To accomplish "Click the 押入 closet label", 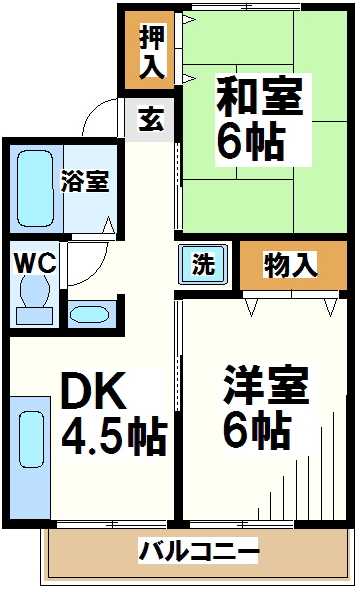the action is click(x=152, y=51).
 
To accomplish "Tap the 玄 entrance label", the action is click(x=151, y=119).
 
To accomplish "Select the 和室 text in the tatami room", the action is click(x=260, y=97).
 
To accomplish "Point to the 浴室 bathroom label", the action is click(x=85, y=181).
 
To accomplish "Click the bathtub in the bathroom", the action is click(x=35, y=189).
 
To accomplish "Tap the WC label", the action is click(x=35, y=263).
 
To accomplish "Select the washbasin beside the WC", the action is click(x=90, y=314).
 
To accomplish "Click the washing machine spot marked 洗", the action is click(x=204, y=264).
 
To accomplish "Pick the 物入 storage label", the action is click(x=290, y=265).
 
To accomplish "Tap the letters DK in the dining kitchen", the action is click(x=93, y=391).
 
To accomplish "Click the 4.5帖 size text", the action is click(x=114, y=436).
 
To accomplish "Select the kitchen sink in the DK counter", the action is click(x=31, y=440).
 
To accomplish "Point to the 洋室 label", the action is click(x=266, y=385).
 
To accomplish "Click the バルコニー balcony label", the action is click(x=199, y=551).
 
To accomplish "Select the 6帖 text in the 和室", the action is click(x=251, y=142).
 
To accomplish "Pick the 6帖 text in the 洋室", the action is click(x=257, y=430).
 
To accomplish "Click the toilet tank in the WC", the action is click(x=34, y=316).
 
